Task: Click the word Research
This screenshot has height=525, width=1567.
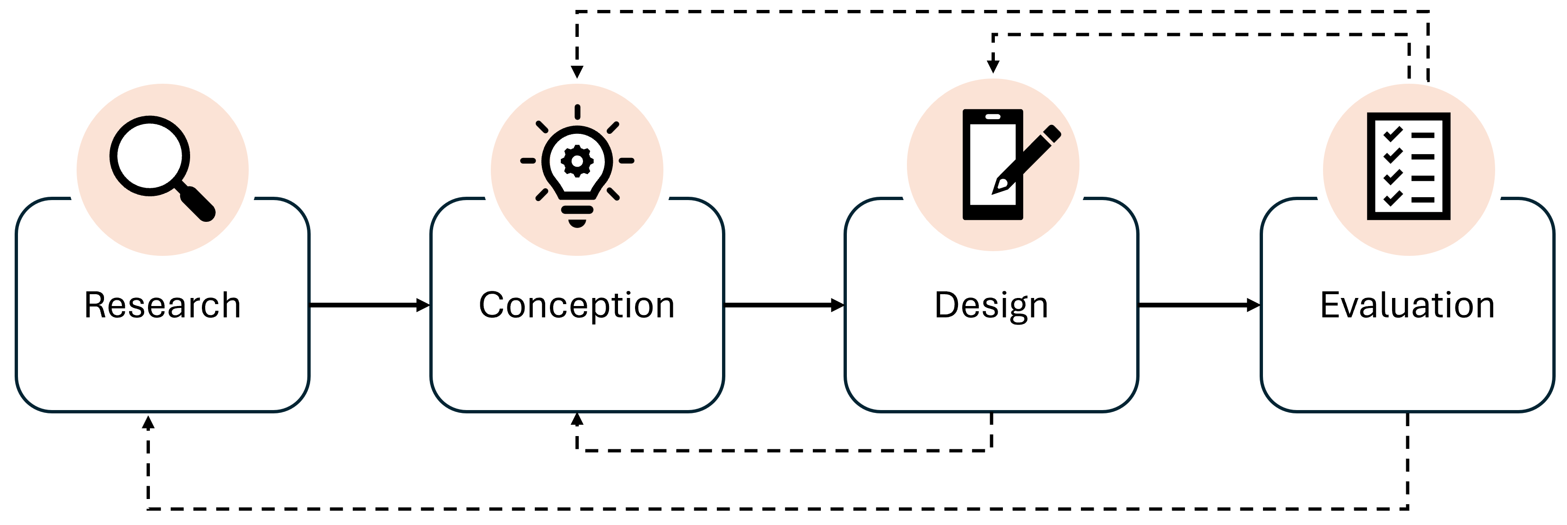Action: click(x=162, y=306)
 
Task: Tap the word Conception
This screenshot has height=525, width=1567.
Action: click(x=577, y=306)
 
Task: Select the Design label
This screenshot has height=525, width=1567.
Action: click(x=991, y=306)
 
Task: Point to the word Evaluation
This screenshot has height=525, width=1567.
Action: click(x=1407, y=306)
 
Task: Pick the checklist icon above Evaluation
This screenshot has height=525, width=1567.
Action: click(x=1408, y=166)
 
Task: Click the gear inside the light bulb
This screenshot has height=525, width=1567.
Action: click(x=577, y=161)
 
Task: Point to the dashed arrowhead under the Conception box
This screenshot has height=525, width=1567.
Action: click(x=577, y=419)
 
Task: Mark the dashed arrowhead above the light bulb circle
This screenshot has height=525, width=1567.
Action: click(x=577, y=72)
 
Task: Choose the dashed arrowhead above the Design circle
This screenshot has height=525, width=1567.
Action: click(x=993, y=66)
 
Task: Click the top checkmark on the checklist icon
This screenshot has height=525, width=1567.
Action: click(x=1393, y=134)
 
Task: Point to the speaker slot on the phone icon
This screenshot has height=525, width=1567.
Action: click(x=993, y=116)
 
